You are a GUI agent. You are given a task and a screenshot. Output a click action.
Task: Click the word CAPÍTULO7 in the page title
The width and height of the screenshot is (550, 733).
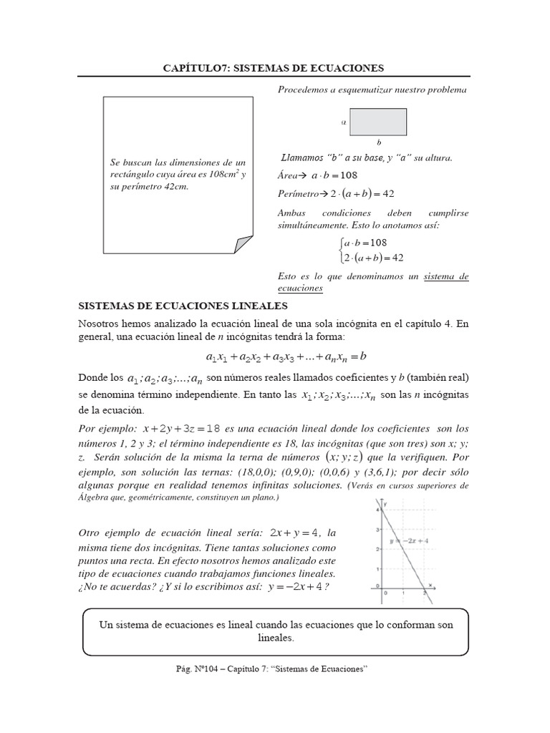[195, 68]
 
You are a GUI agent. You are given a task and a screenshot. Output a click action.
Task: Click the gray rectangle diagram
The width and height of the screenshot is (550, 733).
[378, 121]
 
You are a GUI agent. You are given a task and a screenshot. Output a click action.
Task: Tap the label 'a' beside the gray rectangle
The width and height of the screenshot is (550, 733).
[344, 122]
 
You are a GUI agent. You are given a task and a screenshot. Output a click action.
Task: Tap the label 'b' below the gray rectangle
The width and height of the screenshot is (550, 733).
[379, 142]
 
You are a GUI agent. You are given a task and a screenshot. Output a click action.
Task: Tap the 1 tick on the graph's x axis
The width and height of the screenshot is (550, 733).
[405, 593]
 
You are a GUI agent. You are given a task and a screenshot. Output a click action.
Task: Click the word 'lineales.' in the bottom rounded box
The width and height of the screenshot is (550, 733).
[275, 637]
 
